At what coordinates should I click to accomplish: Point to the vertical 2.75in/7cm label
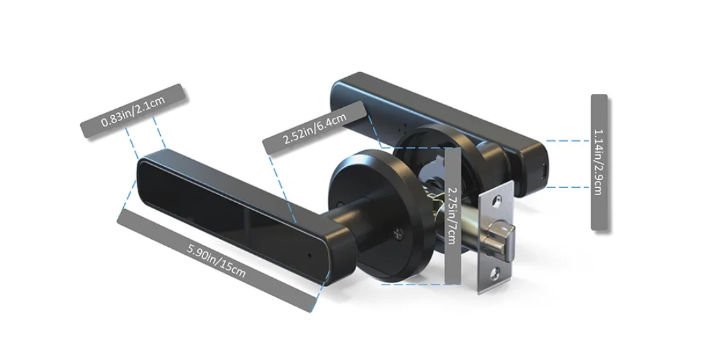click(451, 215)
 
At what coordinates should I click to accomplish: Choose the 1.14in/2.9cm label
click(598, 162)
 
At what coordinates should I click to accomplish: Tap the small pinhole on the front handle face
click(309, 254)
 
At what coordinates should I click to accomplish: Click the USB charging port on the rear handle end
click(543, 172)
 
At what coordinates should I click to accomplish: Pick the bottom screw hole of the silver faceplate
click(495, 271)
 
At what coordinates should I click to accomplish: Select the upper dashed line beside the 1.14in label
click(567, 141)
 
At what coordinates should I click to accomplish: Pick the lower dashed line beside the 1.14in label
click(567, 187)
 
